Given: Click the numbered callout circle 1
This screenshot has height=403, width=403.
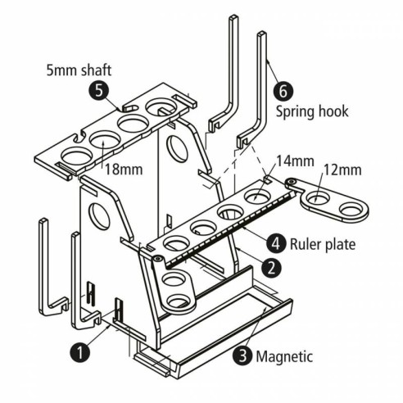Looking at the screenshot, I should [79, 352].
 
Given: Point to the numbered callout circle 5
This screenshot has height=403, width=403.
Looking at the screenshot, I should [100, 93].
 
